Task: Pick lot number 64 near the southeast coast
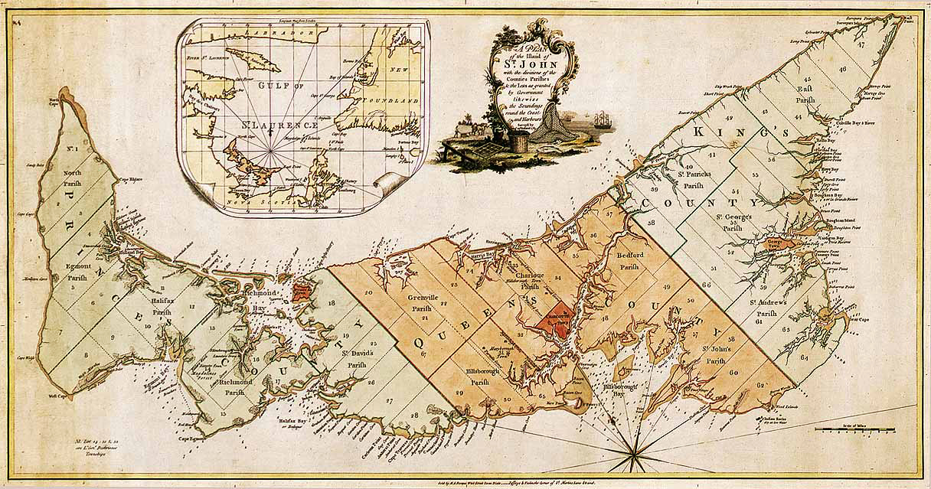(803, 357)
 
